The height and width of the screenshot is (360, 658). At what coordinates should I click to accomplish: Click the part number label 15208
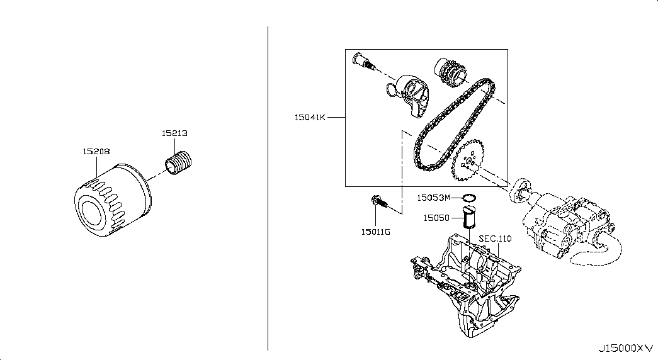96,152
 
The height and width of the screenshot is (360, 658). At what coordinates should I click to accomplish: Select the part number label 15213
174,133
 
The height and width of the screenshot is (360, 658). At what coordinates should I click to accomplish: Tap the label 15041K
310,118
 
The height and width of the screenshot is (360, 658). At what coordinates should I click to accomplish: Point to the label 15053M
433,198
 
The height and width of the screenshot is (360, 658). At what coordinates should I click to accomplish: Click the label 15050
436,218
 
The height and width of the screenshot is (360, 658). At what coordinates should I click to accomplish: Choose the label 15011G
375,232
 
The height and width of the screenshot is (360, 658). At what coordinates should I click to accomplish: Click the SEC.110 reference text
495,239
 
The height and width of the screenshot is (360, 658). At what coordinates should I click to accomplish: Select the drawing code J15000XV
626,348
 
